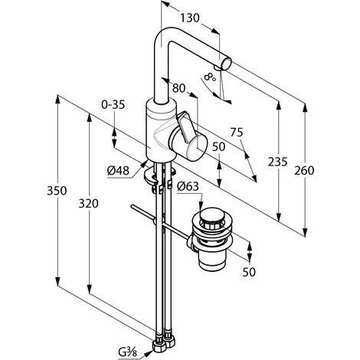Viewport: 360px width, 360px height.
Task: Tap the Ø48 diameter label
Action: [x=118, y=169]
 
